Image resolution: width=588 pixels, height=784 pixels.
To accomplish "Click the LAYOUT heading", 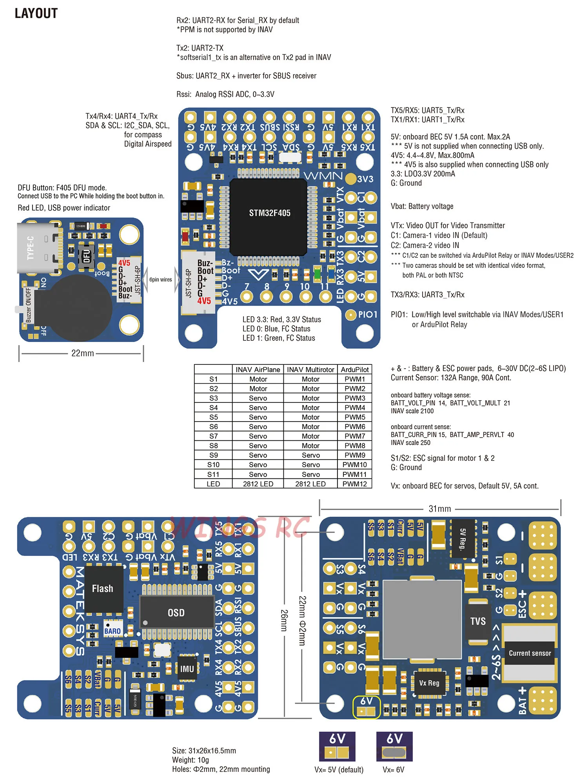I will [36, 13].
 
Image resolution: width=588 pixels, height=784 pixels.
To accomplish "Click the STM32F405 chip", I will [269, 213].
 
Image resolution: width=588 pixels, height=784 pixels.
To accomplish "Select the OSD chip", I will [176, 613].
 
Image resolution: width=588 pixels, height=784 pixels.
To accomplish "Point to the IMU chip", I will [187, 669].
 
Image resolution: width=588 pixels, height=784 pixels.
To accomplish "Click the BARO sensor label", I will [113, 631].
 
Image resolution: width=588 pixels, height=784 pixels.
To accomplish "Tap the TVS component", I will [478, 621].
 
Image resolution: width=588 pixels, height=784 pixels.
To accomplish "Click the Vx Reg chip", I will [429, 683].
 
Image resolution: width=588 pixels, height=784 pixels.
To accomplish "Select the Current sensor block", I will [530, 653].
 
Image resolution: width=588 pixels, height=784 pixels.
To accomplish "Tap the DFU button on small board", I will [87, 257].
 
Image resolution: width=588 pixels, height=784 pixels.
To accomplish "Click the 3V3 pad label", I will [365, 179].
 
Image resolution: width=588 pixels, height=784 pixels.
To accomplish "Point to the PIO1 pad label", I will [367, 315].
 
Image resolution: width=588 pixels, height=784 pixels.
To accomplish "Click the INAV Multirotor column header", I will [310, 369].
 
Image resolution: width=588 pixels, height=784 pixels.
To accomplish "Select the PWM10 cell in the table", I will [354, 465].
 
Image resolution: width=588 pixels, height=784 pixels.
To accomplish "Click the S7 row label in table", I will [213, 436].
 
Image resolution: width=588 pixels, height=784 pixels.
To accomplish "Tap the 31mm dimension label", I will [440, 509].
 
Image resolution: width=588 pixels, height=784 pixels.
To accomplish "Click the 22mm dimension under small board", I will [82, 353].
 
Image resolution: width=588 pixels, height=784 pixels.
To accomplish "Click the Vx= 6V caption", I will [393, 769].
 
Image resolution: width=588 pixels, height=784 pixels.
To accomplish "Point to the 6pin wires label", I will [160, 280].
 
